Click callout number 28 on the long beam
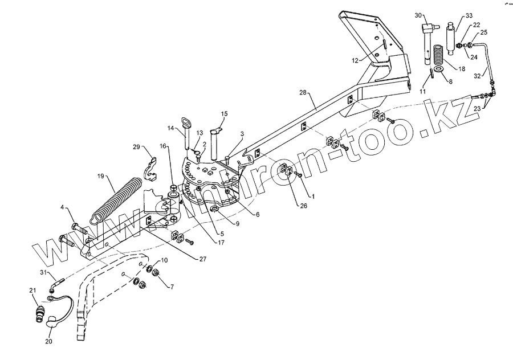pos(303,92)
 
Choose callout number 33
pos(469,15)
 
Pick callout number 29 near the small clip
pos(137,148)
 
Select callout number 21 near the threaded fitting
pos(32,292)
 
